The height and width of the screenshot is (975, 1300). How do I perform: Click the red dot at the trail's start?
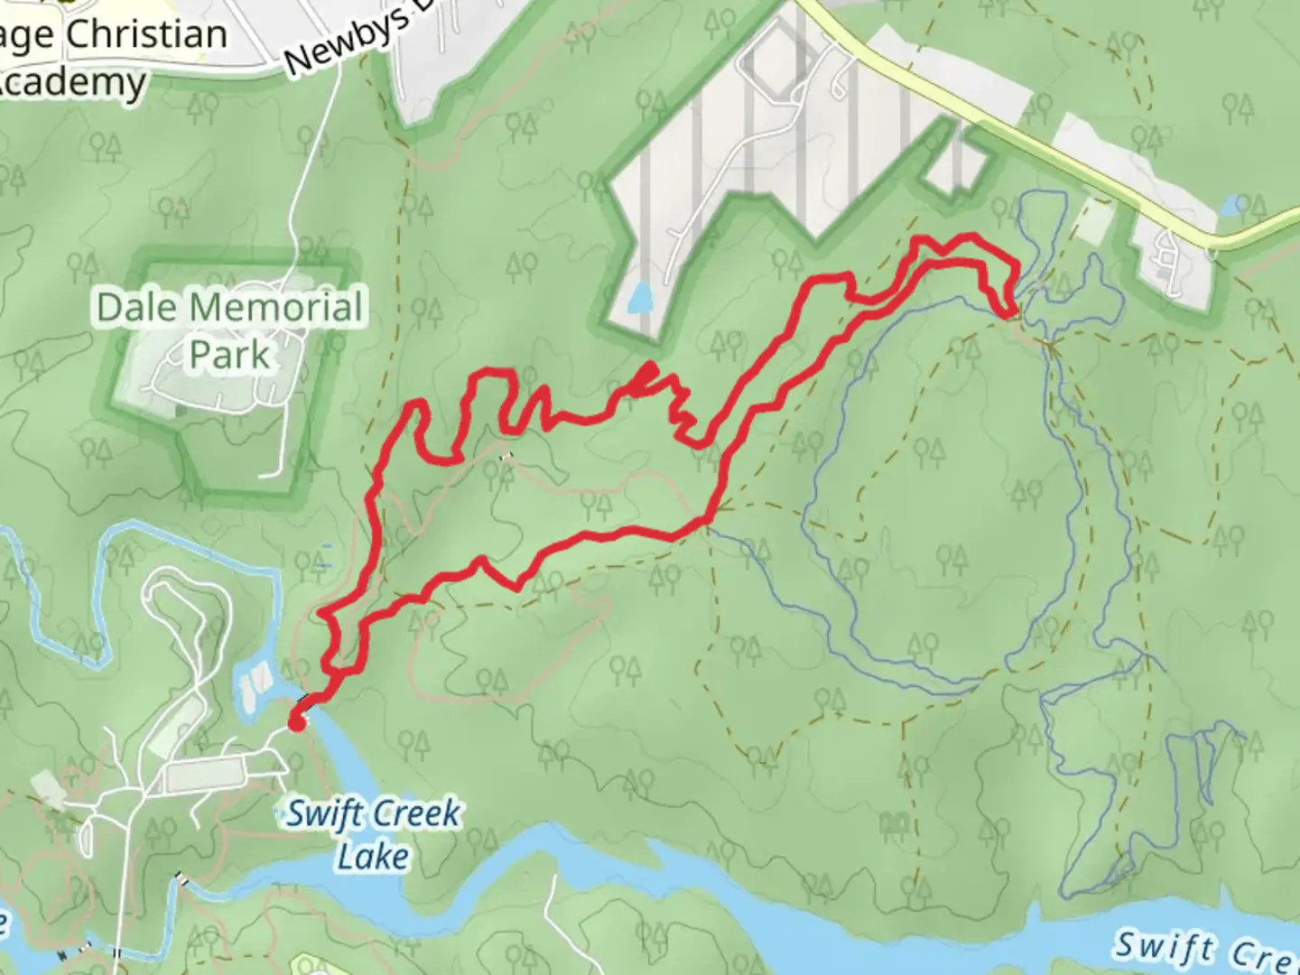(295, 721)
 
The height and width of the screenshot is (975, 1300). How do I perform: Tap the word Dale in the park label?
(135, 308)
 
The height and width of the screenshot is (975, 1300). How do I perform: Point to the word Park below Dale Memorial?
(229, 355)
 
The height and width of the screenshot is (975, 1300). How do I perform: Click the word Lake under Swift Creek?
(373, 856)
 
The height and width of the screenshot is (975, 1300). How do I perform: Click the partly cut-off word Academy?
(72, 83)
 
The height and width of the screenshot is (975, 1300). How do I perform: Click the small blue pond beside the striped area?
(639, 297)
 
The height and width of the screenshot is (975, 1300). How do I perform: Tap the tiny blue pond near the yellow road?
(1230, 205)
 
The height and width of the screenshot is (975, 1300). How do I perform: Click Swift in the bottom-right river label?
(1163, 947)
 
